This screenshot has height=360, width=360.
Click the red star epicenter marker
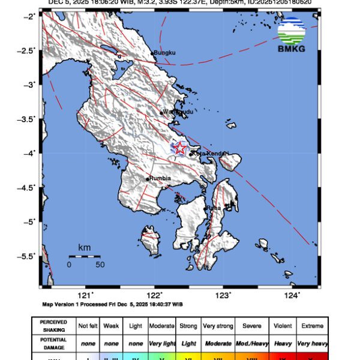(180, 148)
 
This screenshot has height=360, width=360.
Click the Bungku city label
(164, 53)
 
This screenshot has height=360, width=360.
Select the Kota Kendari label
(211, 154)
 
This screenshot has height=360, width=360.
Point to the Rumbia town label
(160, 178)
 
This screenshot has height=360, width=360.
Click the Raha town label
(214, 208)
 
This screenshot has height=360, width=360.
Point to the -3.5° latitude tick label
(28, 119)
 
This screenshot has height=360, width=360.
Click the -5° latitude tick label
(29, 221)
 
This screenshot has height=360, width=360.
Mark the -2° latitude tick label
(29, 16)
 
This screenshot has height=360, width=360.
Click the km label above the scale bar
(84, 248)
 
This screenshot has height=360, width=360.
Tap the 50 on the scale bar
(100, 264)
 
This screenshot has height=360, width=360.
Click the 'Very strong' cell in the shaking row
(218, 326)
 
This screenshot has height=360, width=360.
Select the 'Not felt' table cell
(88, 326)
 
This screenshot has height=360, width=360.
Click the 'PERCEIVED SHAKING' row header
(54, 326)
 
